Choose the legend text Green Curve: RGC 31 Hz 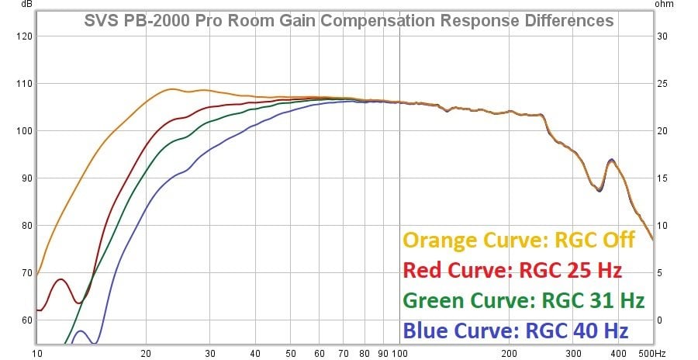click(x=523, y=300)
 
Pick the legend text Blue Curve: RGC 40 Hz click(x=516, y=331)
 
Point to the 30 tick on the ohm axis click(x=662, y=36)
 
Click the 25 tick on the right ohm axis click(x=662, y=84)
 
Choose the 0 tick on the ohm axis click(x=660, y=320)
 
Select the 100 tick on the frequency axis click(x=399, y=354)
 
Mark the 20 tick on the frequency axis click(x=146, y=354)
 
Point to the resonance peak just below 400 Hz click(x=612, y=160)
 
